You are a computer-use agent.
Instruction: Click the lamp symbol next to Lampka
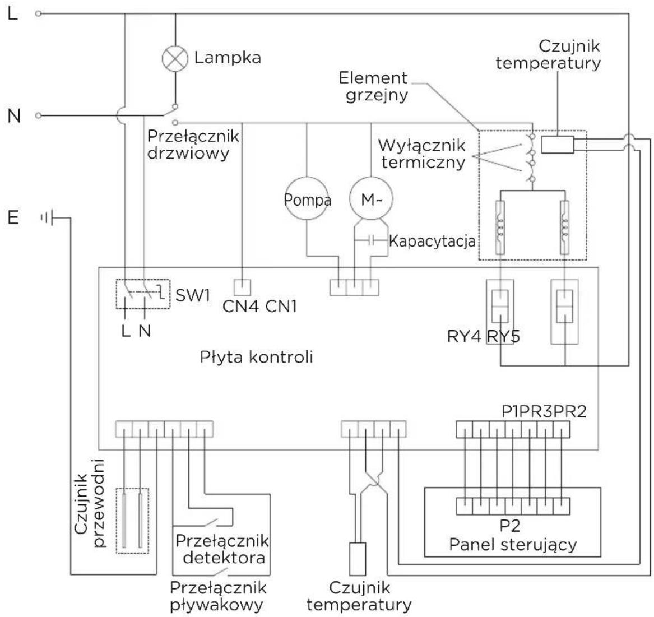175,58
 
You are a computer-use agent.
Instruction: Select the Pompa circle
307,200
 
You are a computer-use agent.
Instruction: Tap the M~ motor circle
370,200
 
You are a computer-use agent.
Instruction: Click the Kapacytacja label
432,242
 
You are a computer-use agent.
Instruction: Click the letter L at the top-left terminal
13,13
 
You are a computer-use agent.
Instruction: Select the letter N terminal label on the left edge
15,116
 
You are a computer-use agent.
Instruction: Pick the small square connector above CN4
242,287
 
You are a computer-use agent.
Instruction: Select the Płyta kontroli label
256,357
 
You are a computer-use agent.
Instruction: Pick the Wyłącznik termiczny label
421,154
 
